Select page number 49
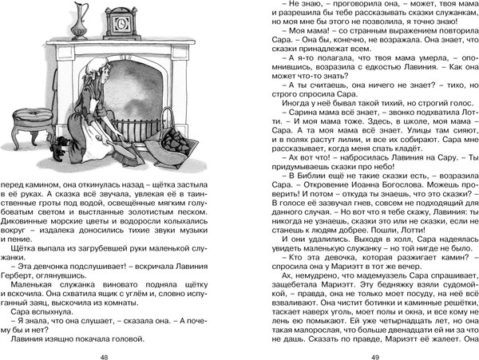click(x=361, y=335)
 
